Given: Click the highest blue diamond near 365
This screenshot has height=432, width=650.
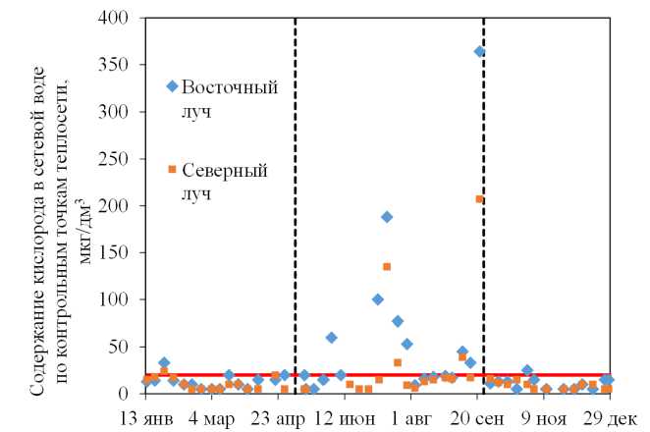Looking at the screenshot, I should pyautogui.click(x=480, y=51).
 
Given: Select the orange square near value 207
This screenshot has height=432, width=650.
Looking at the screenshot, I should pyautogui.click(x=479, y=199).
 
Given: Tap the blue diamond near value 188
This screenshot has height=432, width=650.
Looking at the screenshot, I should pyautogui.click(x=387, y=217).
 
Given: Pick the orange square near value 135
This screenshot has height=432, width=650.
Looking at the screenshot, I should pyautogui.click(x=387, y=266).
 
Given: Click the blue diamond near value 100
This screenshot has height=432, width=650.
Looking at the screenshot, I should pyautogui.click(x=378, y=299).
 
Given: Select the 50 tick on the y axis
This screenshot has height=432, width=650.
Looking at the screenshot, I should pyautogui.click(x=129, y=347).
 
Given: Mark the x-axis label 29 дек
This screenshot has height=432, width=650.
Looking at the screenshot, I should pyautogui.click(x=615, y=417).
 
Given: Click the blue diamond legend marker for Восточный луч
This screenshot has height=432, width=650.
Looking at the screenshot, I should pyautogui.click(x=173, y=86).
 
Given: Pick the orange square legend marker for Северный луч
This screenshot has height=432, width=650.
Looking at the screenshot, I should pyautogui.click(x=173, y=169).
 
